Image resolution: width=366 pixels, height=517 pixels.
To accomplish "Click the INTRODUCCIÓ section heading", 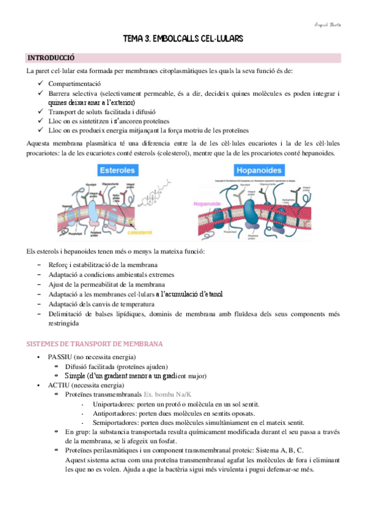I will pyautogui.click(x=51, y=58).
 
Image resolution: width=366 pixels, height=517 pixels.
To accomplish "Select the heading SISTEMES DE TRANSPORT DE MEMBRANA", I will pyautogui.click(x=95, y=344).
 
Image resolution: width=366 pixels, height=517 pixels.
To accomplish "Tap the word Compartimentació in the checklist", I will pyautogui.click(x=75, y=84).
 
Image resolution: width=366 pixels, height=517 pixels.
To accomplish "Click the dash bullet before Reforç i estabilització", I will pyautogui.click(x=40, y=265).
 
